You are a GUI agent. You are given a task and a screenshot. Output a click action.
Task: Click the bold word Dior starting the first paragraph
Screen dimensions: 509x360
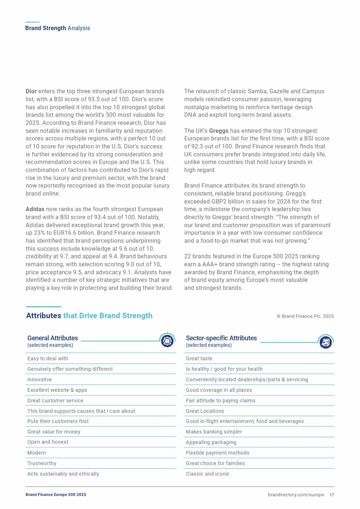[x=31, y=91]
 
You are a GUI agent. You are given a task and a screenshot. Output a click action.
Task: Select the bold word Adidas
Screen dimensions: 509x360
[x=35, y=209]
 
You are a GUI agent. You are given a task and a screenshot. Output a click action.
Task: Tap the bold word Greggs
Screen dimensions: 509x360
[x=219, y=131]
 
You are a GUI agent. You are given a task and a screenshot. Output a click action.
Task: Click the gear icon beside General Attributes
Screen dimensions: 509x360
[x=167, y=341]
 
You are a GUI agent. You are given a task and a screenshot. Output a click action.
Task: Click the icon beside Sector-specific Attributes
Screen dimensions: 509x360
[x=326, y=342]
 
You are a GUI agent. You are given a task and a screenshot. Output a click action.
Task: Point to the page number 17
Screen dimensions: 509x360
[x=332, y=495]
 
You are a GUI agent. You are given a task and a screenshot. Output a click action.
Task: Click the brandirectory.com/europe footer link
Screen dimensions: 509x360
[x=296, y=495]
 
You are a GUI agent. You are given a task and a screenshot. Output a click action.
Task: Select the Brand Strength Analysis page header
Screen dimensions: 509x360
[x=58, y=28]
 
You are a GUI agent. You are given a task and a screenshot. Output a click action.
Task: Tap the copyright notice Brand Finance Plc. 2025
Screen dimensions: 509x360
[x=305, y=316]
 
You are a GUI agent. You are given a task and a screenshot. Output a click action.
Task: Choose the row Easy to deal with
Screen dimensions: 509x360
[x=48, y=358]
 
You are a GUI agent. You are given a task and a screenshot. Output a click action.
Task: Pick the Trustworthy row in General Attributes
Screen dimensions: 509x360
[x=42, y=463]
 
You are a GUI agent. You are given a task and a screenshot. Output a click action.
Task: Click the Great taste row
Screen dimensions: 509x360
[x=199, y=358]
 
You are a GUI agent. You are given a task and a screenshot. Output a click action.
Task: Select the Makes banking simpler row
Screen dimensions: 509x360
[x=214, y=432]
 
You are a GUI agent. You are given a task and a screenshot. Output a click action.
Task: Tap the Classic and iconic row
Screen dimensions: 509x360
[x=208, y=474]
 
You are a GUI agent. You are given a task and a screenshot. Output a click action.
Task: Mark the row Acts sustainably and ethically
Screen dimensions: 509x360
[x=63, y=474]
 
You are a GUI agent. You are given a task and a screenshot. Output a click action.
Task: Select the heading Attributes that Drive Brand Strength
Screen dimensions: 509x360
[x=89, y=316]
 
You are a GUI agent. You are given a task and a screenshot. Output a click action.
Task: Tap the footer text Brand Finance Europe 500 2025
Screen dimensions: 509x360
[x=56, y=495]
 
